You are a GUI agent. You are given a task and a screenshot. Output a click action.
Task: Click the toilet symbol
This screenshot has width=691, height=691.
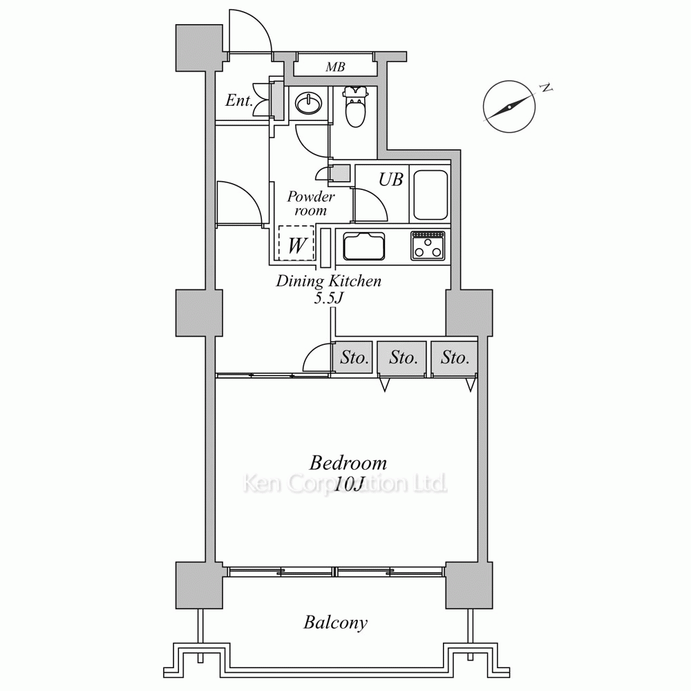(356, 106)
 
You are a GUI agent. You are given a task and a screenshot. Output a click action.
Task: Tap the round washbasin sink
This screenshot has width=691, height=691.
(308, 104)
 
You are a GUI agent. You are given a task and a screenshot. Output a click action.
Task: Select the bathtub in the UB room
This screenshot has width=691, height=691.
(430, 195)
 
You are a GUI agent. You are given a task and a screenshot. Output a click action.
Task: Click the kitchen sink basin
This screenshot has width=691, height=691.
(364, 247)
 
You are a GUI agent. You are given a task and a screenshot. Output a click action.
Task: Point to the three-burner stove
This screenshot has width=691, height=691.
(428, 245)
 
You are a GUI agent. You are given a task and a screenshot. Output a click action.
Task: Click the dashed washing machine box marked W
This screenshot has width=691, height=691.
(296, 243)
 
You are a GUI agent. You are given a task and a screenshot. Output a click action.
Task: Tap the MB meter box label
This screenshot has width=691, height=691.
(335, 67)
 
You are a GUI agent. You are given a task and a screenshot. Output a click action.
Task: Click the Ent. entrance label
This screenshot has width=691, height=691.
(239, 100)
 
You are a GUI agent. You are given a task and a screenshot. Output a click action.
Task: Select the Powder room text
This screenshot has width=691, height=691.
(311, 203)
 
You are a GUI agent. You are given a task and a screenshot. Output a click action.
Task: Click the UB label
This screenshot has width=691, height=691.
(391, 180)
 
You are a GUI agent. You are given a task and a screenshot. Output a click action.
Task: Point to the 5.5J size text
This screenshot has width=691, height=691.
(328, 298)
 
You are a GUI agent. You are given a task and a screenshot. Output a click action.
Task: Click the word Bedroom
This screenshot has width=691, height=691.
(348, 463)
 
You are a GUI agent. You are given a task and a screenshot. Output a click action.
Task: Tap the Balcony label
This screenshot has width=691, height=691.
(335, 623)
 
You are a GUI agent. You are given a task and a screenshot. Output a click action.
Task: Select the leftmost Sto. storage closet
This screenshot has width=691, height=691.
(352, 358)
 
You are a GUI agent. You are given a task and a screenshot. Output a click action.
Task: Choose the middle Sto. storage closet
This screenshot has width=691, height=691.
(402, 358)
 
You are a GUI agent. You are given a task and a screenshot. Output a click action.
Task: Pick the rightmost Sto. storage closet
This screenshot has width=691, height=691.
(455, 358)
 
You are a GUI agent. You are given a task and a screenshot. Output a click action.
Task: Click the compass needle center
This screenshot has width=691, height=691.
(509, 106)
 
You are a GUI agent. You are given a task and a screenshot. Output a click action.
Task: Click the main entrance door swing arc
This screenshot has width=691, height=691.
(249, 31)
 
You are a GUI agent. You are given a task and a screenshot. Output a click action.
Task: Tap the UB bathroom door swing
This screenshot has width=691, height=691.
(370, 204)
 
